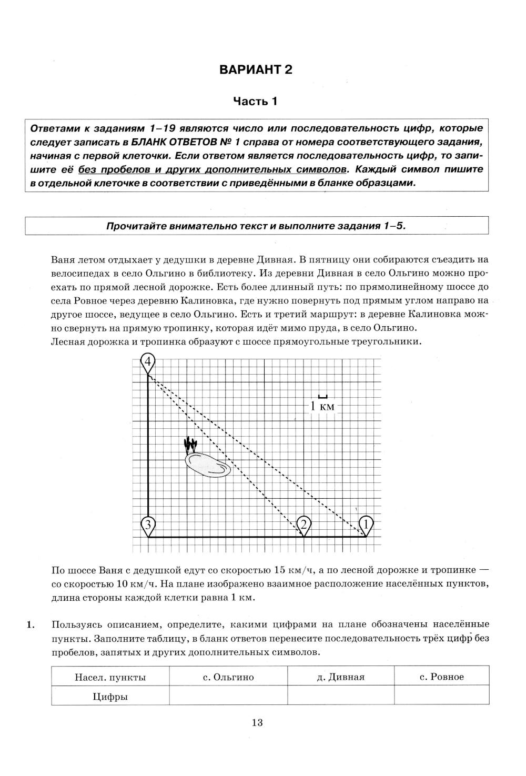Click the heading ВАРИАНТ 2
[255, 70]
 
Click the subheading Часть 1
[255, 101]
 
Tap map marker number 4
[148, 362]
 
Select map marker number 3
[148, 525]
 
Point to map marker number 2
[304, 525]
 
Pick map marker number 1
[366, 525]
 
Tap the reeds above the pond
[190, 445]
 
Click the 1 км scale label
[322, 406]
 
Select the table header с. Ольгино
[228, 677]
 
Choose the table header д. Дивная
[341, 677]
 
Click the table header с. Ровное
[442, 677]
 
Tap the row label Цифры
[110, 697]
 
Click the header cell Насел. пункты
[110, 677]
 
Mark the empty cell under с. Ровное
[442, 697]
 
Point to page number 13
[257, 722]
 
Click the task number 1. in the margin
[31, 625]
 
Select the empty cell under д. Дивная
[341, 697]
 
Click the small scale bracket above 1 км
[323, 396]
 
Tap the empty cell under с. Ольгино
[228, 697]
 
